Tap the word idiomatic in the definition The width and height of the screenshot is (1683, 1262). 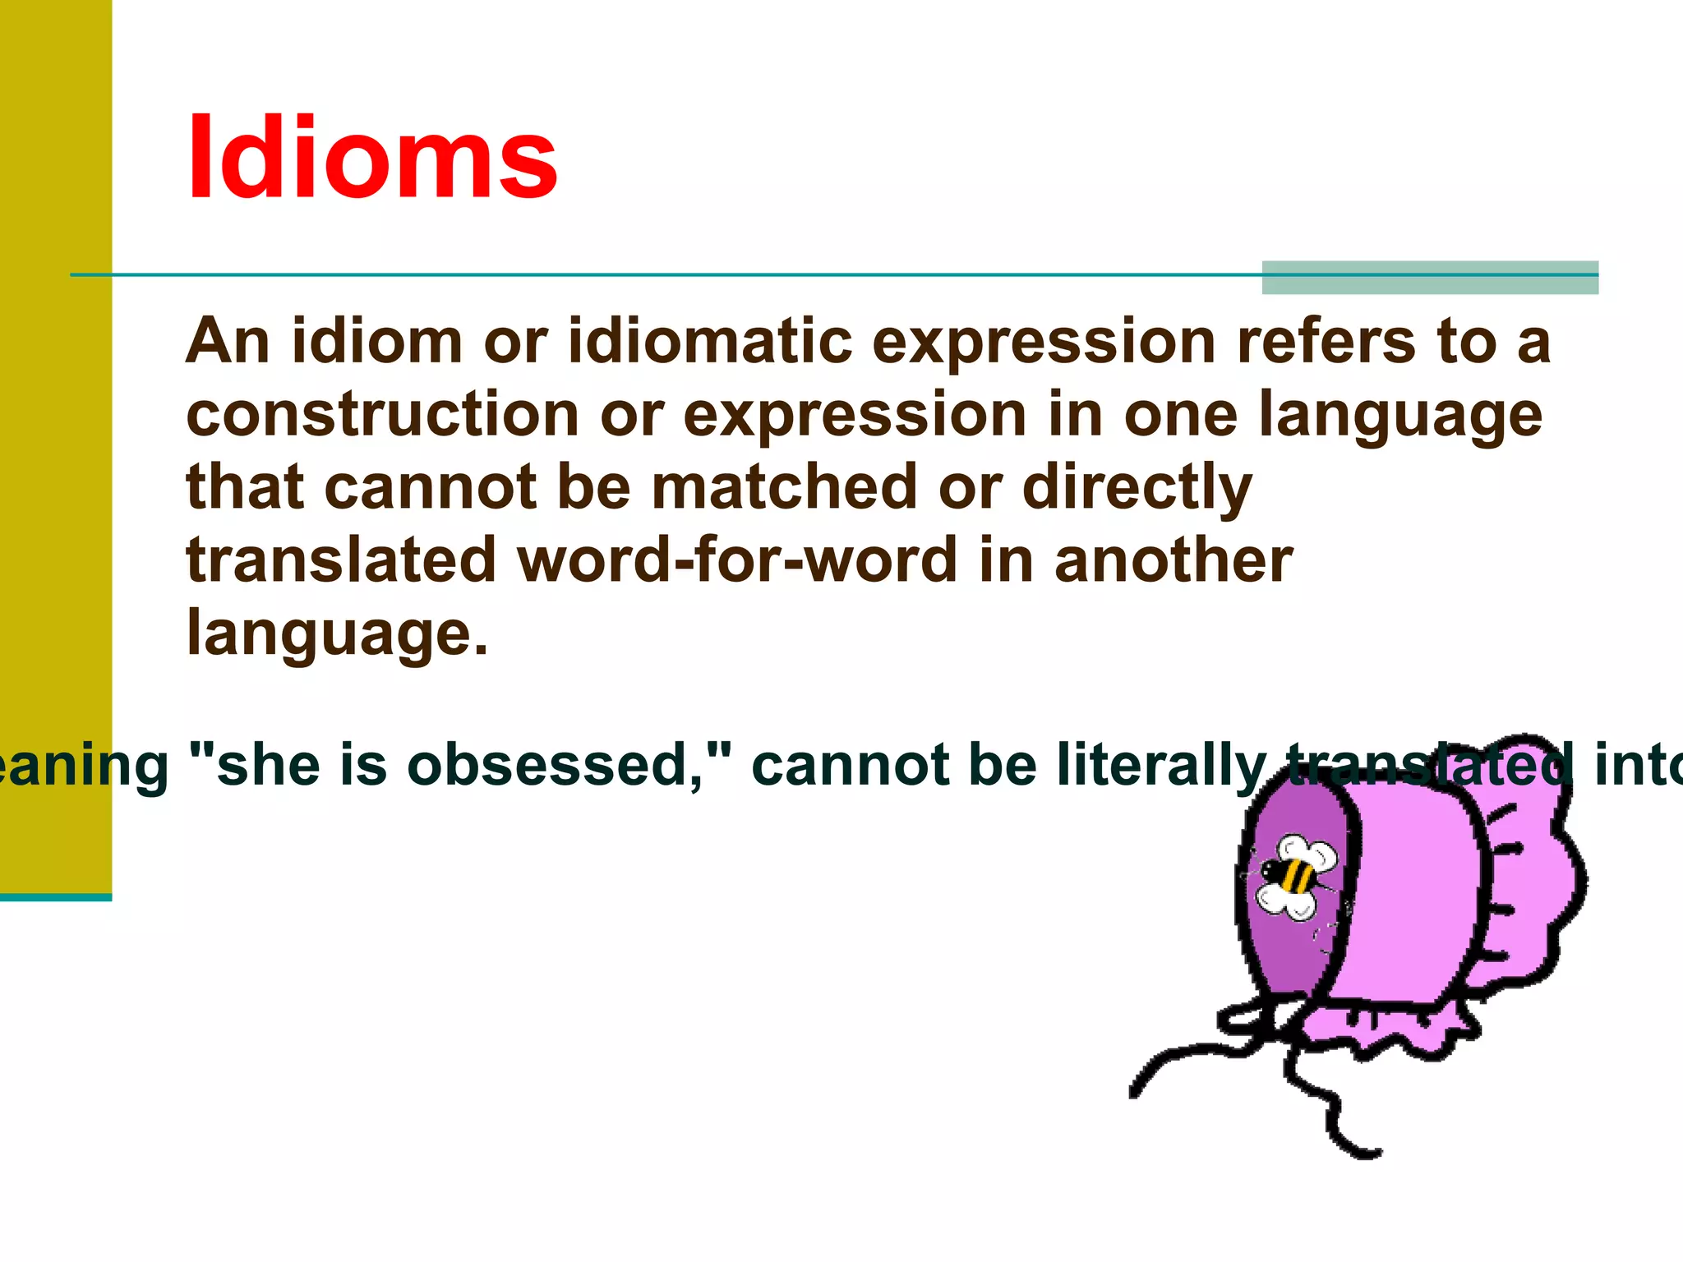point(710,340)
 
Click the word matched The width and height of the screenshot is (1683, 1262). point(784,486)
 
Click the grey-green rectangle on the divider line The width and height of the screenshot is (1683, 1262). point(1429,278)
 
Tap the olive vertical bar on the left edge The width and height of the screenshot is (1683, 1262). point(55,444)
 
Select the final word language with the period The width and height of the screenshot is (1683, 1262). point(337,633)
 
